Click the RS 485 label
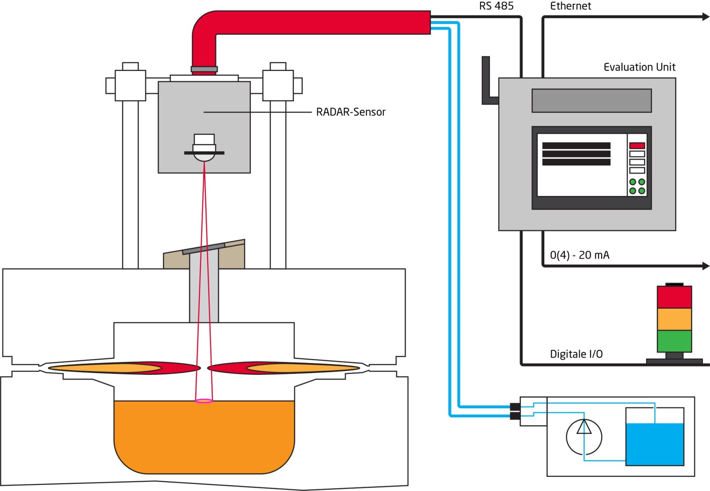coord(496,6)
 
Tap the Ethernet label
coord(570,6)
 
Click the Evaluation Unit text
coord(639,67)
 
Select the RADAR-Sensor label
coord(351,112)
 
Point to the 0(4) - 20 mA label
coord(579,255)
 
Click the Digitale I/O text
coord(576,354)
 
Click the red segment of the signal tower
coord(674,297)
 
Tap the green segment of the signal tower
coord(674,341)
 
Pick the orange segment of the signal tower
coord(674,319)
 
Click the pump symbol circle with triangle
coord(584,437)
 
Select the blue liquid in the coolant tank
coord(655,445)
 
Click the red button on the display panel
coord(637,145)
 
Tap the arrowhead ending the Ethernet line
coord(706,17)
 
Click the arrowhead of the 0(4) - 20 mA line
coord(706,266)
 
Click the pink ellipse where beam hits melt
coord(204,401)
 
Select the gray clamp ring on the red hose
coord(204,69)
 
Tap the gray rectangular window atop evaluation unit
coord(591,100)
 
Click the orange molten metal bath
coord(204,437)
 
